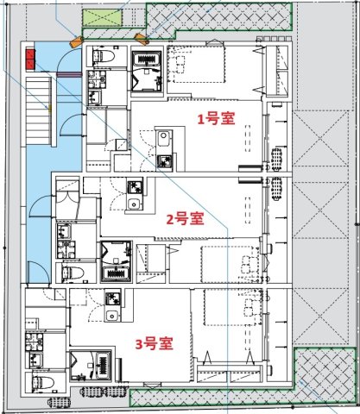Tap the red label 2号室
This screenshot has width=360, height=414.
click(184, 218)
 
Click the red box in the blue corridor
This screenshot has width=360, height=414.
click(31, 59)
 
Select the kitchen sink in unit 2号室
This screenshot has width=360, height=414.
click(132, 204)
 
